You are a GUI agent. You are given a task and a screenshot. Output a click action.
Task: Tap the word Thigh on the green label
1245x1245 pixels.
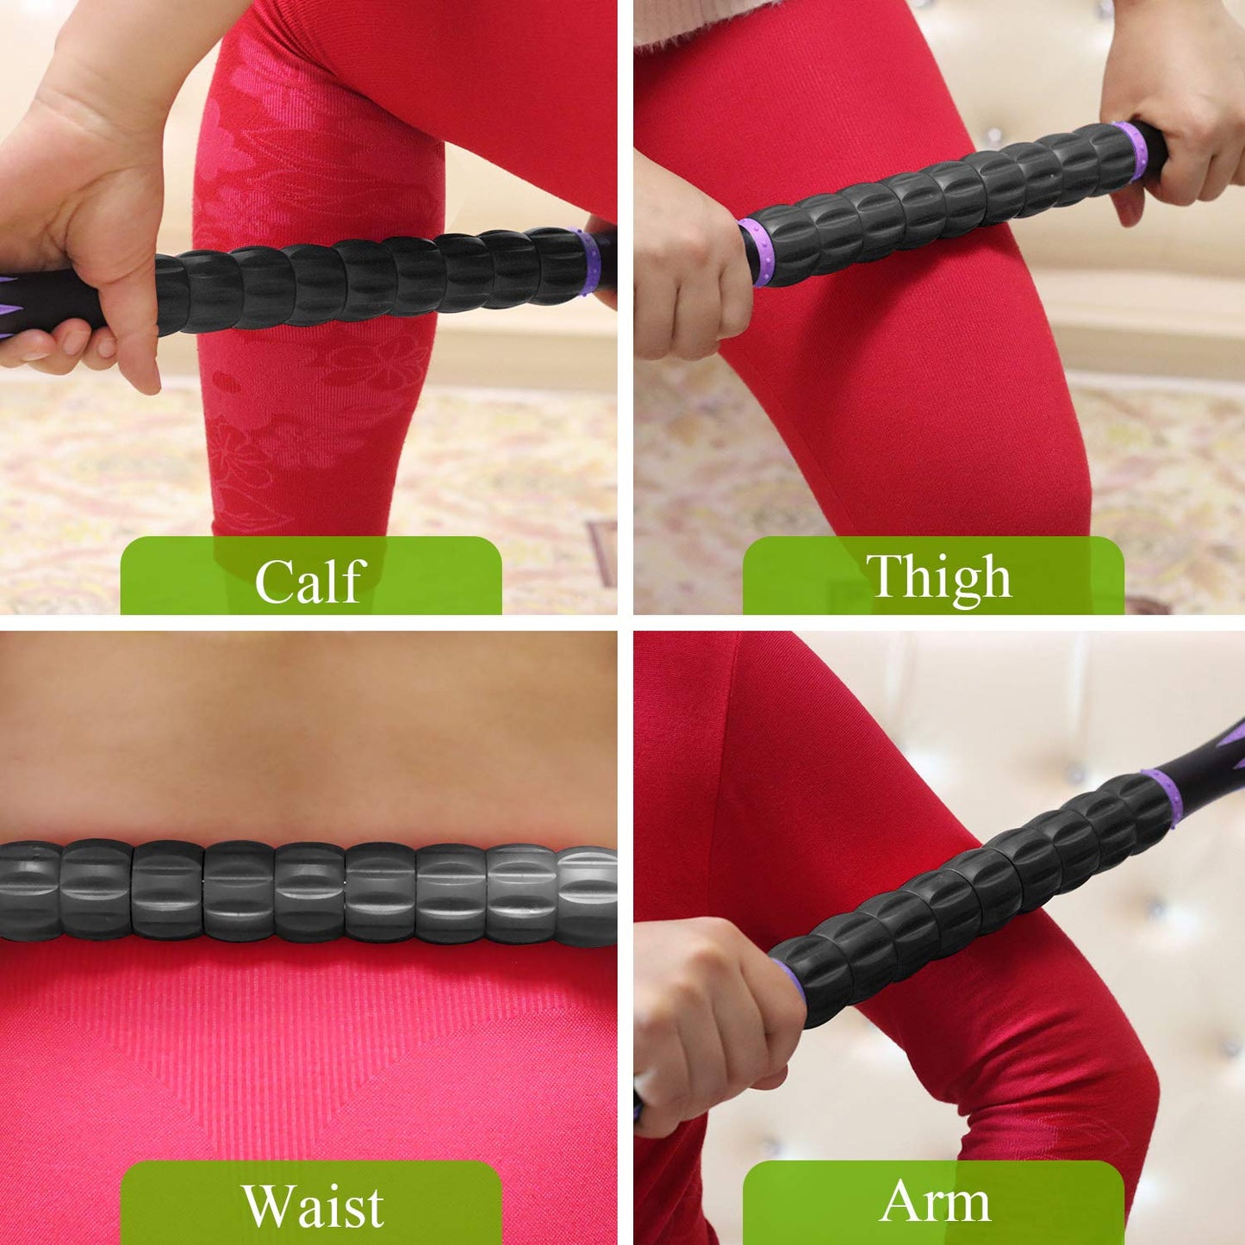[938, 576]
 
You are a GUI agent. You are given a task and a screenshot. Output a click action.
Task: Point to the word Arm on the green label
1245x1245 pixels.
[935, 1201]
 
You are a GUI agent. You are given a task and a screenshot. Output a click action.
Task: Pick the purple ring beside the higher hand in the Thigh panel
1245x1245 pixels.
[1131, 149]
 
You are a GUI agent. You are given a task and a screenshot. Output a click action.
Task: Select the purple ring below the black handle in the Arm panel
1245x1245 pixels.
[1166, 797]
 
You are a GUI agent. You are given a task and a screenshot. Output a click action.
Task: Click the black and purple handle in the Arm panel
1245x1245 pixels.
[1206, 758]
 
